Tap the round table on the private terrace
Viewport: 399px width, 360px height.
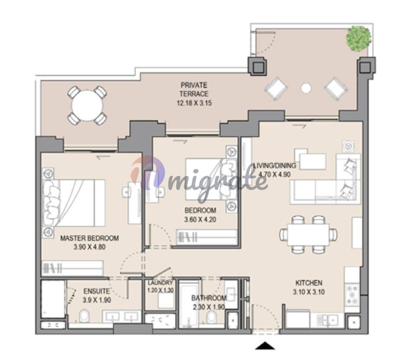[x=87, y=106]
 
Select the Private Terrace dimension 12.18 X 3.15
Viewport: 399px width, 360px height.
[x=194, y=103]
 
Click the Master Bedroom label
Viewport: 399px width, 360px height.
[x=89, y=238]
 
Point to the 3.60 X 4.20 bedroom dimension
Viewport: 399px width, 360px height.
[x=200, y=219]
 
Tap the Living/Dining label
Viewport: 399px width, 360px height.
[x=275, y=165]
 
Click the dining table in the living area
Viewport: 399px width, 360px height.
[x=309, y=235]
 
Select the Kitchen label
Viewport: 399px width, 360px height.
[x=309, y=283]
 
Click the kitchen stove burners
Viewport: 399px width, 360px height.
[x=352, y=295]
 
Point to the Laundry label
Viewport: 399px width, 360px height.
[x=160, y=282]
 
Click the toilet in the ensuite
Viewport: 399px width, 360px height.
[x=84, y=316]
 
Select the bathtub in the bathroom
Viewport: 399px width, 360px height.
[x=189, y=304]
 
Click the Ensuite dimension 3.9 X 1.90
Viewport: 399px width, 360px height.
[x=97, y=300]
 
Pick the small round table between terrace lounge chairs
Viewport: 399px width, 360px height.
[x=306, y=88]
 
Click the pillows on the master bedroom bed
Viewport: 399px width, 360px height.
[x=52, y=203]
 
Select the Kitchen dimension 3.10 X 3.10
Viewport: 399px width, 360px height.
[x=309, y=292]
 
